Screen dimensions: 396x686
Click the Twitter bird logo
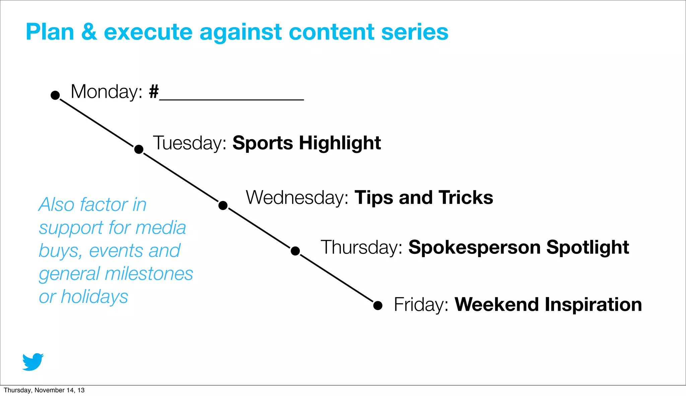point(33,362)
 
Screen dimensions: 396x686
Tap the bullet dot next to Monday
point(55,95)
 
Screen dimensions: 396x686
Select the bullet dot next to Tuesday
point(139,149)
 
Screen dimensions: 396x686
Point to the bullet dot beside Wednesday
point(223,205)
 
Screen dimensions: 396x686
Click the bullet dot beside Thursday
point(295,251)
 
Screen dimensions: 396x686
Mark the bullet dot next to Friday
point(378,305)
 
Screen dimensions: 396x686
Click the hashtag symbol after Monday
point(154,92)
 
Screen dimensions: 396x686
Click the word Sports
point(263,143)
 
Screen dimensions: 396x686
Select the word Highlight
point(340,143)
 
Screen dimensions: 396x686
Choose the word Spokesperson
point(474,248)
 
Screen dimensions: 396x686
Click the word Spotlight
point(588,248)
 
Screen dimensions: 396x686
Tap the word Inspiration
point(593,305)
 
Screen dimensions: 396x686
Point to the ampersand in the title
point(89,32)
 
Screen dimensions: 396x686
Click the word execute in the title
point(148,32)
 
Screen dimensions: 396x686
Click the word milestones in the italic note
point(149,274)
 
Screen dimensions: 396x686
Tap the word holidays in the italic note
point(94,297)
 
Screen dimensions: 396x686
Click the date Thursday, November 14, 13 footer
point(44,390)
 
